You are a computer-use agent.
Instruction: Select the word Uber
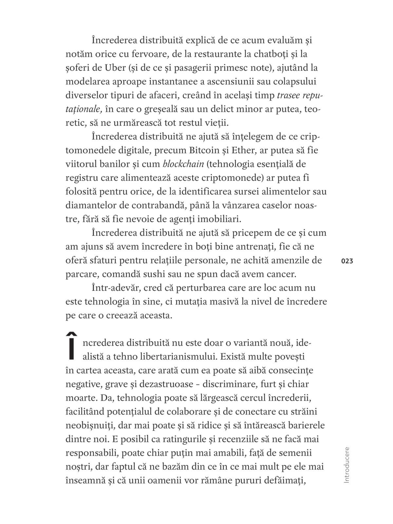[x=115, y=68]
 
